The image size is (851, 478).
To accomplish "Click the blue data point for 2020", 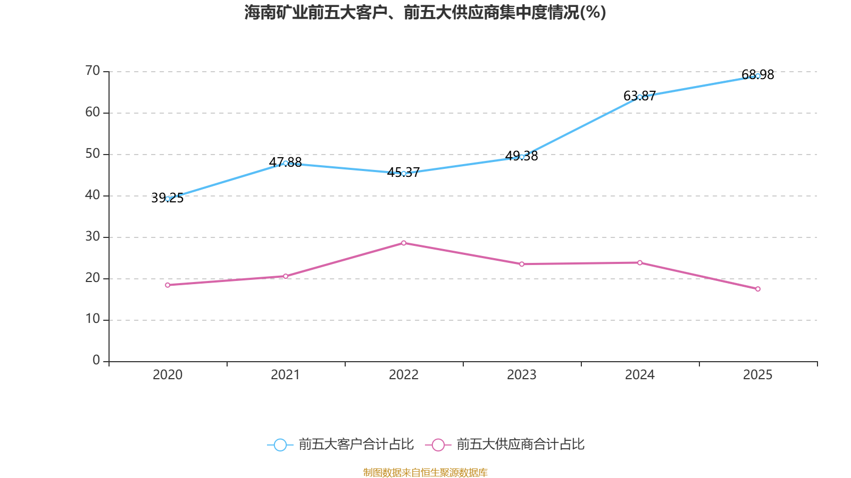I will point(168,199).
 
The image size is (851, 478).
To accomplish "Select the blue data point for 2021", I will point(286,163).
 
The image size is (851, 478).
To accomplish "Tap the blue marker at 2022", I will point(404,174).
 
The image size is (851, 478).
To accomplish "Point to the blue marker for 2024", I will point(640,97).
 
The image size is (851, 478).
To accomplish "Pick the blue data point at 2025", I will point(758,76).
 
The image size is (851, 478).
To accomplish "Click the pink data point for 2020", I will point(168,285).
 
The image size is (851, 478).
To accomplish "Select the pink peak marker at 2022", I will point(404,243).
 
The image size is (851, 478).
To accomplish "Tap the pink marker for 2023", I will point(522,264).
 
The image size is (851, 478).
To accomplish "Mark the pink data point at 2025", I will point(758,289).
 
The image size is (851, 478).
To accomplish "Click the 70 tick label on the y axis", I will point(93,71).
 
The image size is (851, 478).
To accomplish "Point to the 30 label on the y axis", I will point(93,236).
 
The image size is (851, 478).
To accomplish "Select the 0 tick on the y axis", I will point(96,361).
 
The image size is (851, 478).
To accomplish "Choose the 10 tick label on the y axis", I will point(93,319).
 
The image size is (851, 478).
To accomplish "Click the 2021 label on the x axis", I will point(286,375).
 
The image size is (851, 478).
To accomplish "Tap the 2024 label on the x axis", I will point(640,375).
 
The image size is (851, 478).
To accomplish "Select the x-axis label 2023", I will point(522,375).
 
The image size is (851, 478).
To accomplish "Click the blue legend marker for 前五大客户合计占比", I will point(280,445).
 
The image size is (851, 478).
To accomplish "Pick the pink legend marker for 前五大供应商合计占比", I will point(438,445).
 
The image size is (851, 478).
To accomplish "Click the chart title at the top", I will point(425,12).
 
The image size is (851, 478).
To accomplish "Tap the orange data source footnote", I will point(425,472).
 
